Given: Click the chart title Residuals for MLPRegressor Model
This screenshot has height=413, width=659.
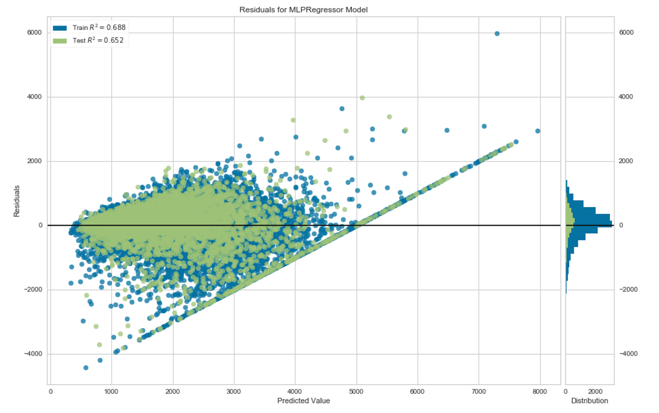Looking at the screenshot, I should [303, 9].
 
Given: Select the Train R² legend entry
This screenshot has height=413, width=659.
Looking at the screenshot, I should [99, 28].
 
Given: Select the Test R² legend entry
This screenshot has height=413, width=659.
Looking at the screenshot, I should [98, 40].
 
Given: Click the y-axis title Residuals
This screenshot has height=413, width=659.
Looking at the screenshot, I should [16, 201].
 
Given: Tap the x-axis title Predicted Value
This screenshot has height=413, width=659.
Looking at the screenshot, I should [303, 401].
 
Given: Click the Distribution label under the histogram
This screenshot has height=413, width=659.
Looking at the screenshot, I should [589, 401].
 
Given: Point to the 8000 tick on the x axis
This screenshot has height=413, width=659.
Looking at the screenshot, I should [540, 391].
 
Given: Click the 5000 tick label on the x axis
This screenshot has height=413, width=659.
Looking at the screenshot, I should [356, 391].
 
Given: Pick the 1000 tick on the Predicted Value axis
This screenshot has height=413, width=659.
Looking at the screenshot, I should [111, 391].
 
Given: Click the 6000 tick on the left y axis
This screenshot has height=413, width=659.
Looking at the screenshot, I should [34, 32].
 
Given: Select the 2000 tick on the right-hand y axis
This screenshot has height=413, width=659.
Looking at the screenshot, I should [626, 161].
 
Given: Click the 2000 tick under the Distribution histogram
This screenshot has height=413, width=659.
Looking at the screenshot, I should [595, 391].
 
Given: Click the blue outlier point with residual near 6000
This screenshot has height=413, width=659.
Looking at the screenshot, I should [497, 33].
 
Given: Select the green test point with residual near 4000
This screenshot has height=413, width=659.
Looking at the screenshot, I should [362, 98].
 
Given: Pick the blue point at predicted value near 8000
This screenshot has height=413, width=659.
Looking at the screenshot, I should [538, 131].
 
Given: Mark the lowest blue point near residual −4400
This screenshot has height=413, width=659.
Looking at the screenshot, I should [86, 368].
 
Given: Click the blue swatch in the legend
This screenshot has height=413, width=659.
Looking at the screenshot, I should [60, 28].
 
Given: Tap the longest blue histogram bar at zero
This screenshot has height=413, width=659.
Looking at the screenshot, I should [588, 224].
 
